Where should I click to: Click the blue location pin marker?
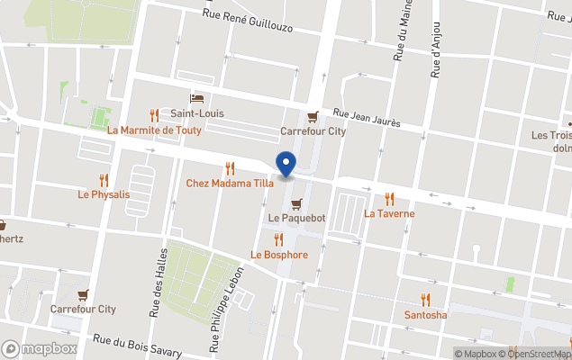(286, 165)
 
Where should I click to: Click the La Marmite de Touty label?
(155, 130)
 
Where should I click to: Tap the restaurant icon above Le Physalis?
(104, 179)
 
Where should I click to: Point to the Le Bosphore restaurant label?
(279, 255)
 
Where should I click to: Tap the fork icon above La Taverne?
(389, 199)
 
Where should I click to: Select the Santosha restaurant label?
(425, 315)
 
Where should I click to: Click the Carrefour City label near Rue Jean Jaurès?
(313, 130)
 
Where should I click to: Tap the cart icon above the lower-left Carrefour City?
(84, 294)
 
